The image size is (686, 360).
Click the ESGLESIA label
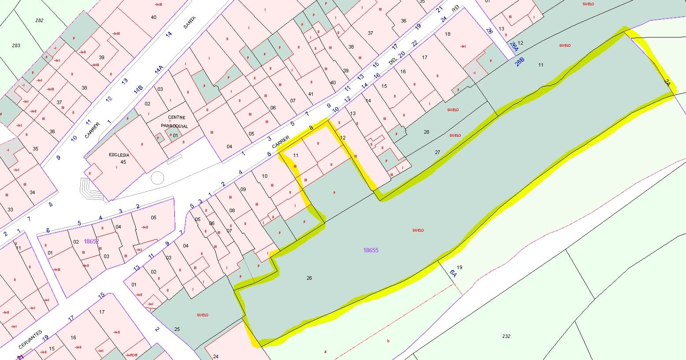coord(119,155)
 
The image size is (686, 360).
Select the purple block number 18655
coord(371,250)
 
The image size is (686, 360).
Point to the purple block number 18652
coord(91,241)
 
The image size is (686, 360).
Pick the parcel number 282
coord(39,21)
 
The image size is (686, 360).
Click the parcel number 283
coord(16,45)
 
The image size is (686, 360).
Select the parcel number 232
coord(506,336)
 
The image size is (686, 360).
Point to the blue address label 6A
coord(453,273)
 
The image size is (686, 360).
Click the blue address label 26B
coord(520,61)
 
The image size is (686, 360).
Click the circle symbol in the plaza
coord(157,178)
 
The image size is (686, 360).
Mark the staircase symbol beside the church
coord(90,189)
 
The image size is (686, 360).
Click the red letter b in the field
coord(388,341)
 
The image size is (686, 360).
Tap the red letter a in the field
coord(325,352)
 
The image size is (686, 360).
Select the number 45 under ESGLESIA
coord(123,162)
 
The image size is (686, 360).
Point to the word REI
coord(455,9)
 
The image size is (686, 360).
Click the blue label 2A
coord(667,82)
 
